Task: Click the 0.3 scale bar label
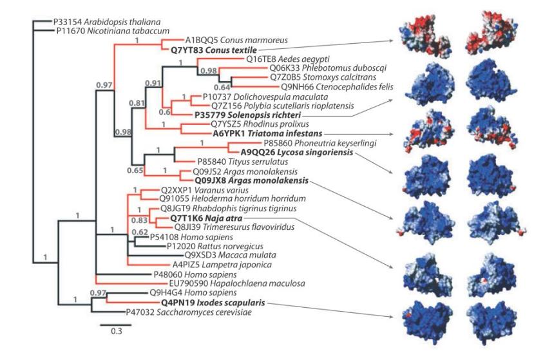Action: click(116, 333)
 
